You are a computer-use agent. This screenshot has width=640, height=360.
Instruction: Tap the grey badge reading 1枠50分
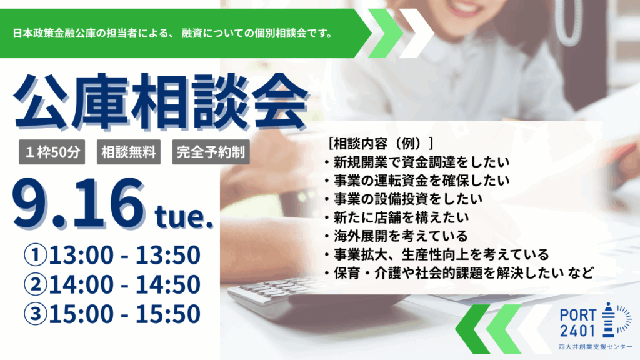[x=52, y=152]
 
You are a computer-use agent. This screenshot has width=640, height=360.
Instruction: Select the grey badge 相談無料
[x=129, y=152]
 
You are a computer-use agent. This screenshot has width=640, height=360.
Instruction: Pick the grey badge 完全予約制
[x=211, y=152]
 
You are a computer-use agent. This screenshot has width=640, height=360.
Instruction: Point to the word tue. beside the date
[x=184, y=217]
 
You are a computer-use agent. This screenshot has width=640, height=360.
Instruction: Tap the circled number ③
[x=36, y=314]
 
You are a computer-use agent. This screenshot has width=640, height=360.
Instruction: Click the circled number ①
[x=36, y=255]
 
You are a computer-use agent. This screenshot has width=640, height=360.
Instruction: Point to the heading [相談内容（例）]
[x=381, y=143]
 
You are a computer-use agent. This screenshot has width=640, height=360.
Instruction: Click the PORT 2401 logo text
[x=577, y=322]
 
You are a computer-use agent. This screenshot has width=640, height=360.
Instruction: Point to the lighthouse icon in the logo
[x=608, y=321]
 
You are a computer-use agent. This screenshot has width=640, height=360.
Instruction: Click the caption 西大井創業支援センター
[x=595, y=347]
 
